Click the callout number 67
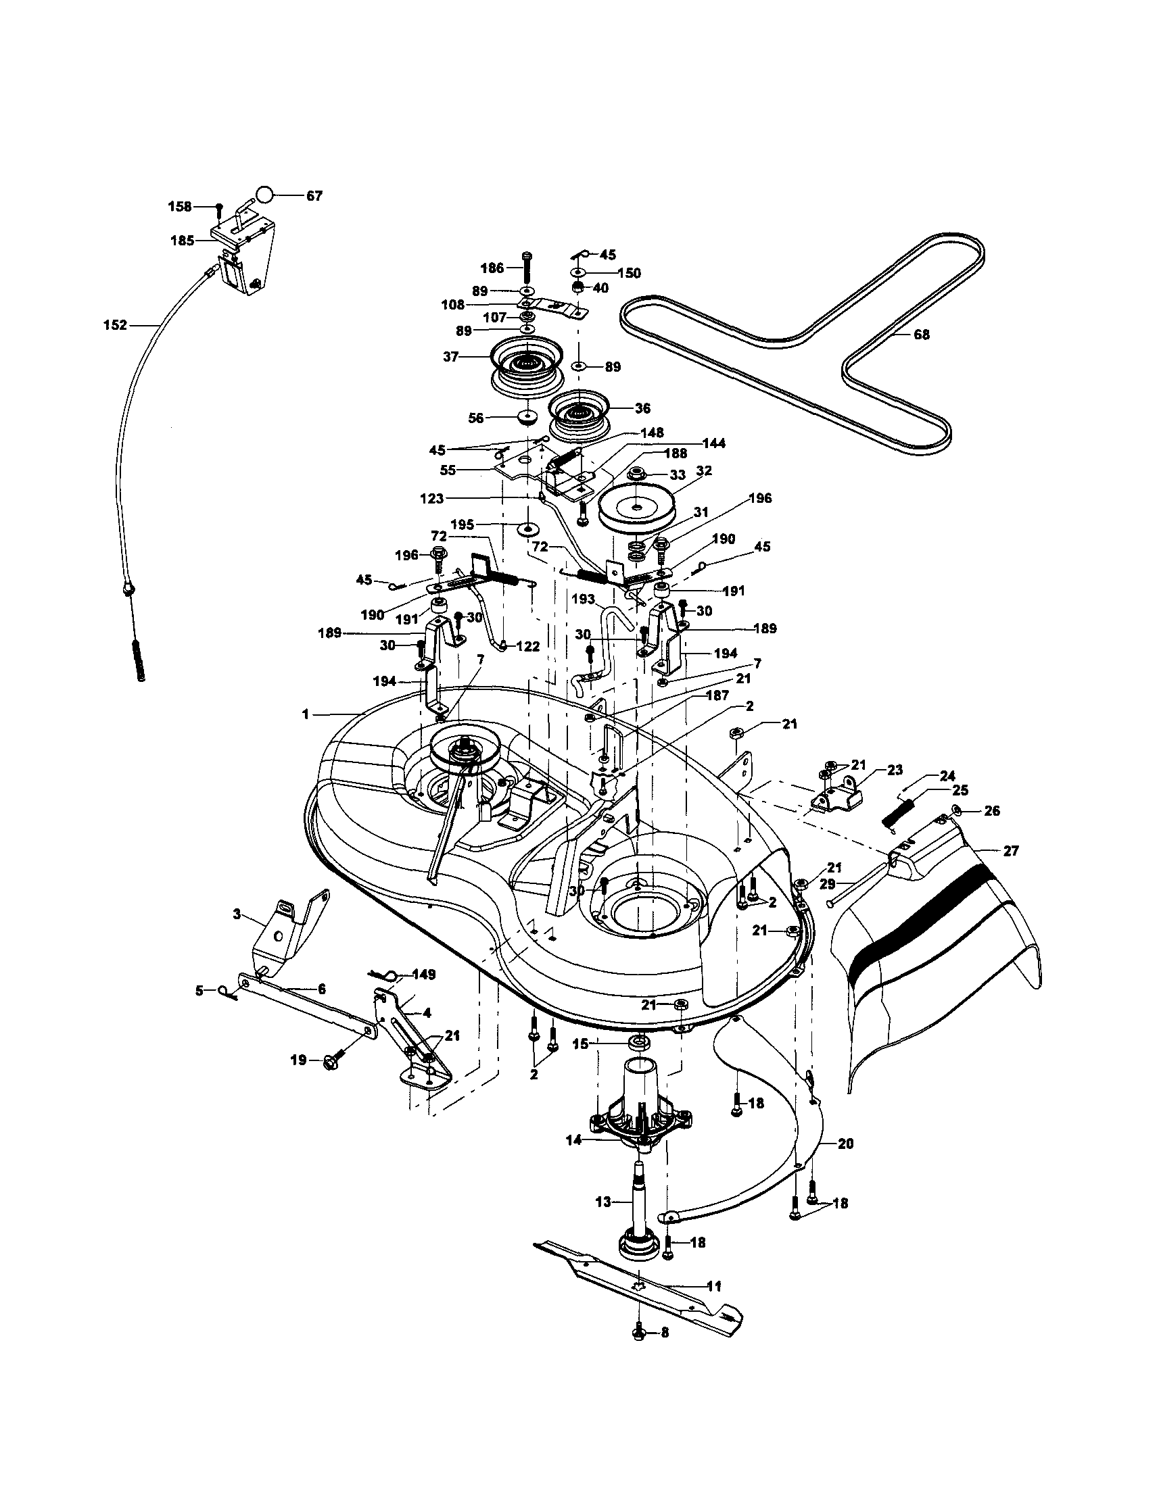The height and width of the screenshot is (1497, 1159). tap(314, 196)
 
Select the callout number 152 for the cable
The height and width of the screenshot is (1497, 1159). tap(114, 326)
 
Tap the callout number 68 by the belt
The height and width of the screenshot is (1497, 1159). tap(922, 335)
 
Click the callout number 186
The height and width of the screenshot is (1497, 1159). tap(492, 268)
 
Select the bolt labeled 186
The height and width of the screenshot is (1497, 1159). tap(526, 268)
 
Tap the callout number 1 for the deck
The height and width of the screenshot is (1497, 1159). tap(305, 714)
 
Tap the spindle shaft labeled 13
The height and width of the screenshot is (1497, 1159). tap(638, 1203)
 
